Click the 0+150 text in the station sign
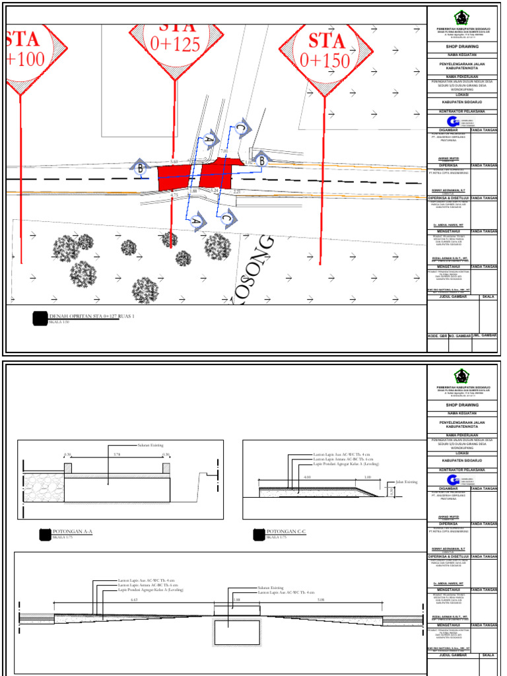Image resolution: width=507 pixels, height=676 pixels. tap(324, 61)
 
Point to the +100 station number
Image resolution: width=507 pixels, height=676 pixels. tap(26, 59)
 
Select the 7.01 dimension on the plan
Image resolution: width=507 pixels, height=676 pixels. tap(223, 152)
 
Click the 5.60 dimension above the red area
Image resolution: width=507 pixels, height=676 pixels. tap(174, 161)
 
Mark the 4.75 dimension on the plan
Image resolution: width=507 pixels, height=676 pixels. tap(175, 195)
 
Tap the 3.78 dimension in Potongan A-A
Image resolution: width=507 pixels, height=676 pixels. tap(117, 454)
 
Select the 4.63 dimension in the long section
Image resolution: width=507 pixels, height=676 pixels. tap(134, 600)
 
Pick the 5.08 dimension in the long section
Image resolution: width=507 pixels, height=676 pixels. tap(321, 600)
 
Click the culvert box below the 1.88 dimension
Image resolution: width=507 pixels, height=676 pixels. tap(237, 632)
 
